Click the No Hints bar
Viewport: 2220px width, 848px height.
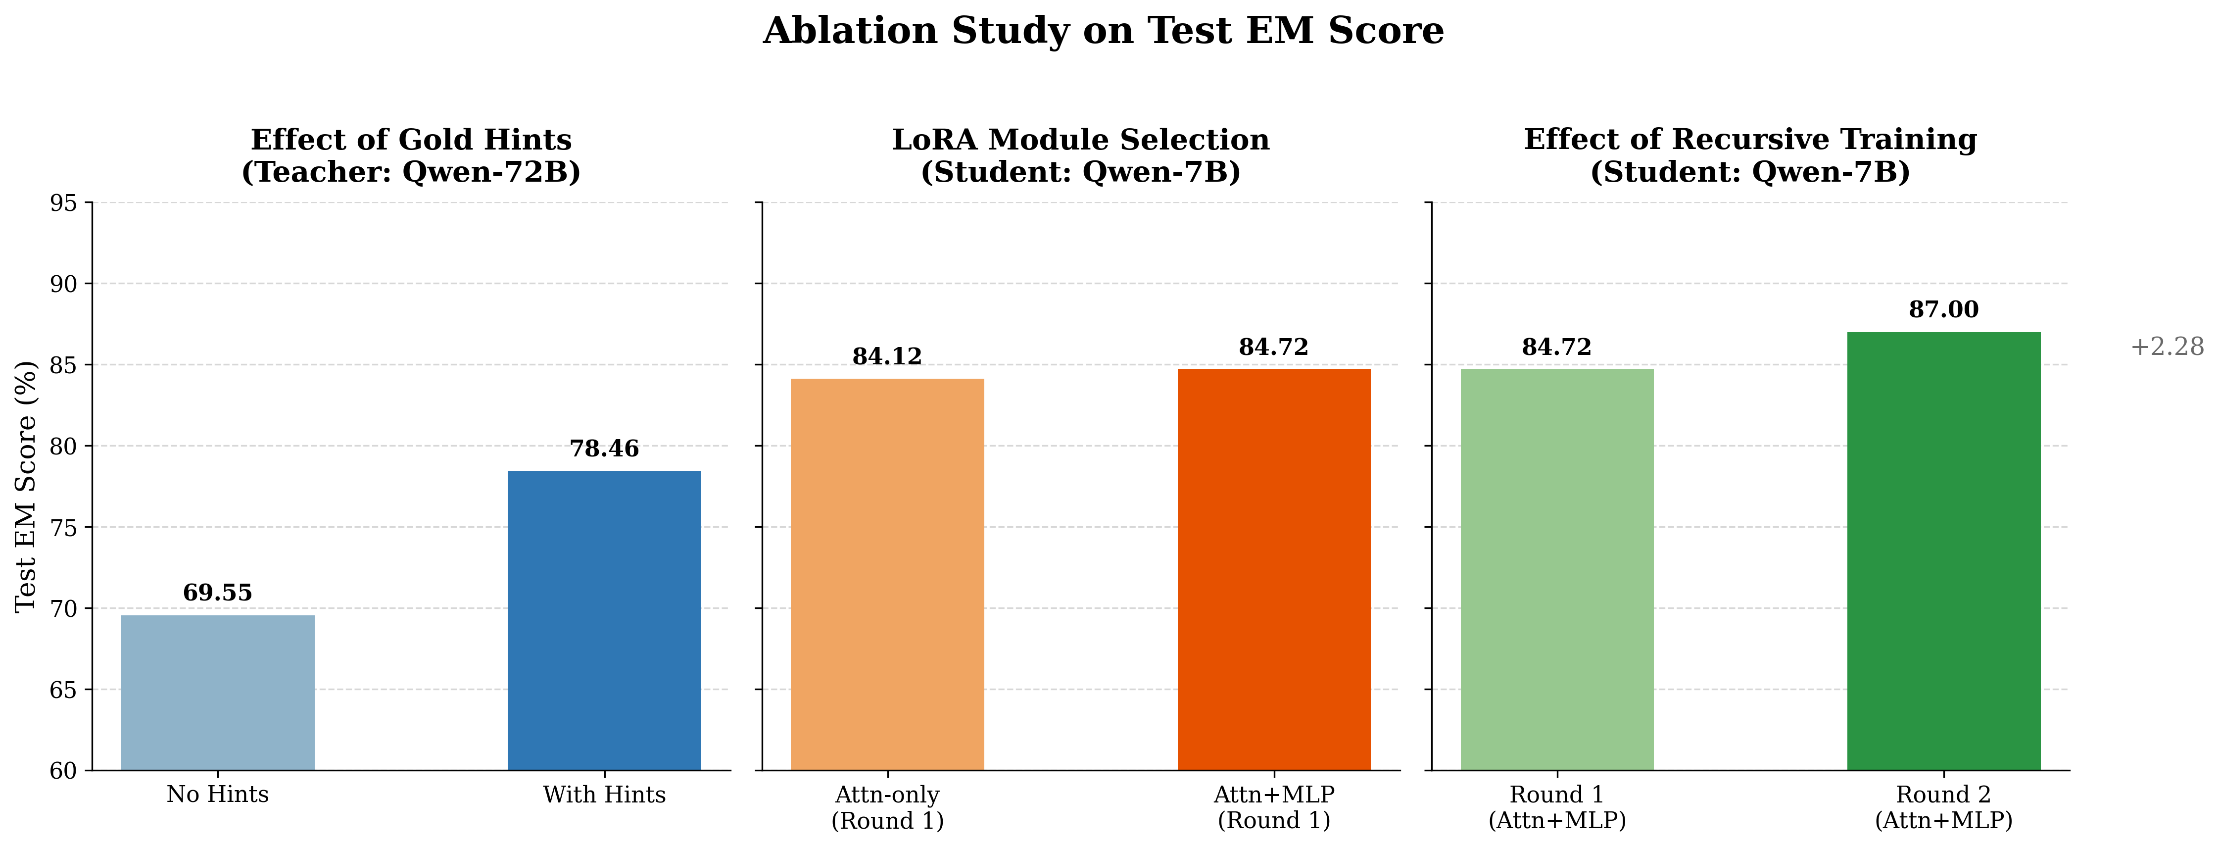pyautogui.click(x=218, y=693)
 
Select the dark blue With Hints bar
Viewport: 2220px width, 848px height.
pyautogui.click(x=604, y=620)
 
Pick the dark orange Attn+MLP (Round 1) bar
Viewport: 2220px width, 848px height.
pyautogui.click(x=1274, y=570)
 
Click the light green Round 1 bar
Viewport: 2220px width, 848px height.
pyautogui.click(x=1557, y=570)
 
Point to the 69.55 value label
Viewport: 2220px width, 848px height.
pyautogui.click(x=218, y=593)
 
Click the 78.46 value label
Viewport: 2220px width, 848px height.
pyautogui.click(x=604, y=449)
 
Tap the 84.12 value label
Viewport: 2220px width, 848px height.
pyautogui.click(x=888, y=357)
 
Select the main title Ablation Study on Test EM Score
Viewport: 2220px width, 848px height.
pyautogui.click(x=1103, y=31)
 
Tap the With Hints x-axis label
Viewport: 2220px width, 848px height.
pyautogui.click(x=604, y=795)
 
